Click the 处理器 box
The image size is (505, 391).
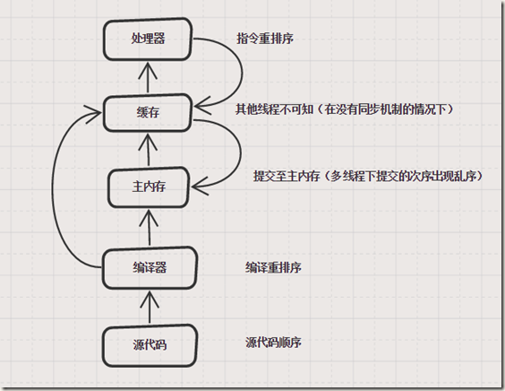click(148, 40)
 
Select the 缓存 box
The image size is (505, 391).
click(148, 112)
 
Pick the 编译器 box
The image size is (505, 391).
click(148, 266)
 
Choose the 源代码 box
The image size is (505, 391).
click(148, 344)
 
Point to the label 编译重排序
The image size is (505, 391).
click(273, 267)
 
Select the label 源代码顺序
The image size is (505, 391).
click(273, 343)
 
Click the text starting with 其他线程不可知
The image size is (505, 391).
click(346, 109)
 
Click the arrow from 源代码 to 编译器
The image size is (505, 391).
click(148, 305)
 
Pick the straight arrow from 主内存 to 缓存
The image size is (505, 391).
click(148, 150)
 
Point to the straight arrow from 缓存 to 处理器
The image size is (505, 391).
click(148, 76)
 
